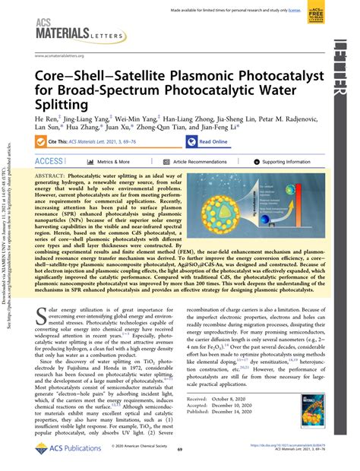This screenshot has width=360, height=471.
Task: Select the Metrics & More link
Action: tap(113, 161)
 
